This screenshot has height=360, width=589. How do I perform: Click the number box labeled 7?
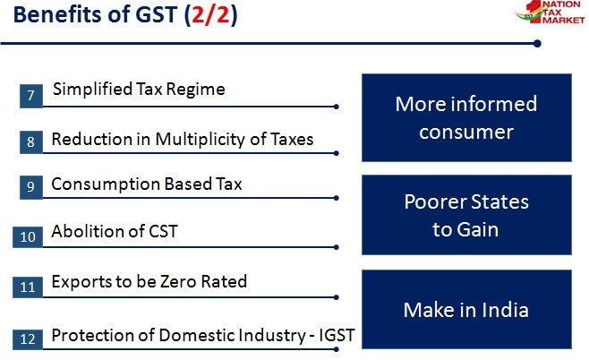(x=30, y=94)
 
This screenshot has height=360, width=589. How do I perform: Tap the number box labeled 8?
(x=30, y=141)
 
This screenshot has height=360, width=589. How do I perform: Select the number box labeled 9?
(x=30, y=186)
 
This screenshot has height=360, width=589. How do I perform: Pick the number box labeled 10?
(x=27, y=236)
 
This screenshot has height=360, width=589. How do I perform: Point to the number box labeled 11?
(x=27, y=287)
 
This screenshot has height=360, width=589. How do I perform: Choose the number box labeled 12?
(x=27, y=339)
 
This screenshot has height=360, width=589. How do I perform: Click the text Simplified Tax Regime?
(x=139, y=89)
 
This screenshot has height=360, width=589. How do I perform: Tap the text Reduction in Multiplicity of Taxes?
(x=183, y=139)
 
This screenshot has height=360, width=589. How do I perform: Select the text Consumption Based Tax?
(x=147, y=184)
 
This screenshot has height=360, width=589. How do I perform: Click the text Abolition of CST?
(x=115, y=231)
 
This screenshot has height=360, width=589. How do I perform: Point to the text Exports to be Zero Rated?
(x=149, y=282)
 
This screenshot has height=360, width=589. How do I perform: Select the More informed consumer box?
(x=465, y=117)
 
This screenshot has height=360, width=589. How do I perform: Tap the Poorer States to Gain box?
(x=465, y=215)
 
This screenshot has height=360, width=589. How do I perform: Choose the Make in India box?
(x=465, y=310)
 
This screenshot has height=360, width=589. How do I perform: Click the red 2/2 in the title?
(x=210, y=17)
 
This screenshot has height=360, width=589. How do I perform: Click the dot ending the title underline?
(x=537, y=43)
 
